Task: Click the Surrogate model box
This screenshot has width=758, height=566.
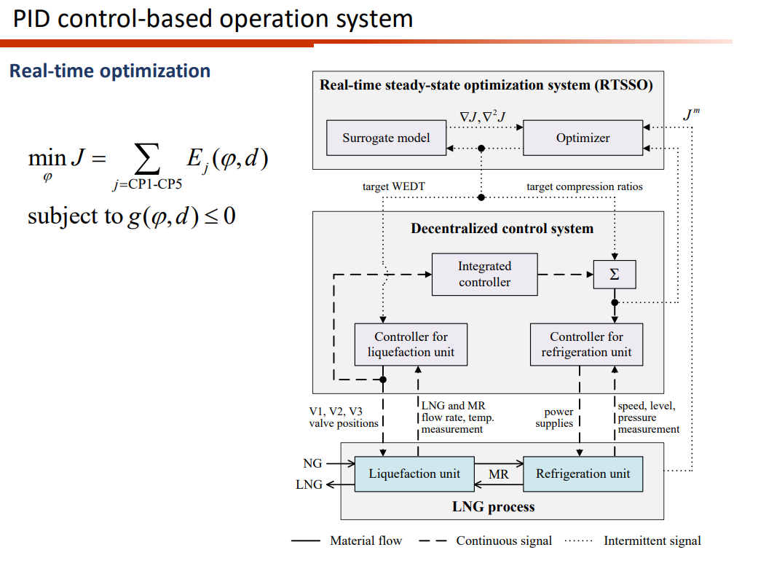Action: pos(386,138)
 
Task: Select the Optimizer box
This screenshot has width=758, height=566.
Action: pos(583,138)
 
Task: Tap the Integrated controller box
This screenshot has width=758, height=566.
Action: pos(484,275)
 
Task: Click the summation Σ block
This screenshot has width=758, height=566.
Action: pos(614,275)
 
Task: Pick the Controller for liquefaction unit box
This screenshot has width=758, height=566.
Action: pos(411,345)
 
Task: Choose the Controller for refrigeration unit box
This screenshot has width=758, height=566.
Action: pos(586,345)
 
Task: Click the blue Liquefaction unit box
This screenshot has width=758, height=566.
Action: pos(414,473)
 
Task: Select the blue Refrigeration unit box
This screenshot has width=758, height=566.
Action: pos(583,473)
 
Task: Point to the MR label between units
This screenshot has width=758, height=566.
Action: pos(499,475)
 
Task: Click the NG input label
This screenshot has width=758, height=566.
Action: pos(312,463)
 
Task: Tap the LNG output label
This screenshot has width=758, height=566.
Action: pos(309,484)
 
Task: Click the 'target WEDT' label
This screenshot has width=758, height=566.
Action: pos(393,187)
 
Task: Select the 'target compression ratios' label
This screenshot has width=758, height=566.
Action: pos(585,187)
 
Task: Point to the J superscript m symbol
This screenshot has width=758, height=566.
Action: pos(692,114)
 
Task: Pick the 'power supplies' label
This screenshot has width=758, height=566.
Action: pos(555,418)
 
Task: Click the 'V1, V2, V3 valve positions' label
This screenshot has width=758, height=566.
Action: pos(344,417)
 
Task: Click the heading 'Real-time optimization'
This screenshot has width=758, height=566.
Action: pos(110,71)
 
